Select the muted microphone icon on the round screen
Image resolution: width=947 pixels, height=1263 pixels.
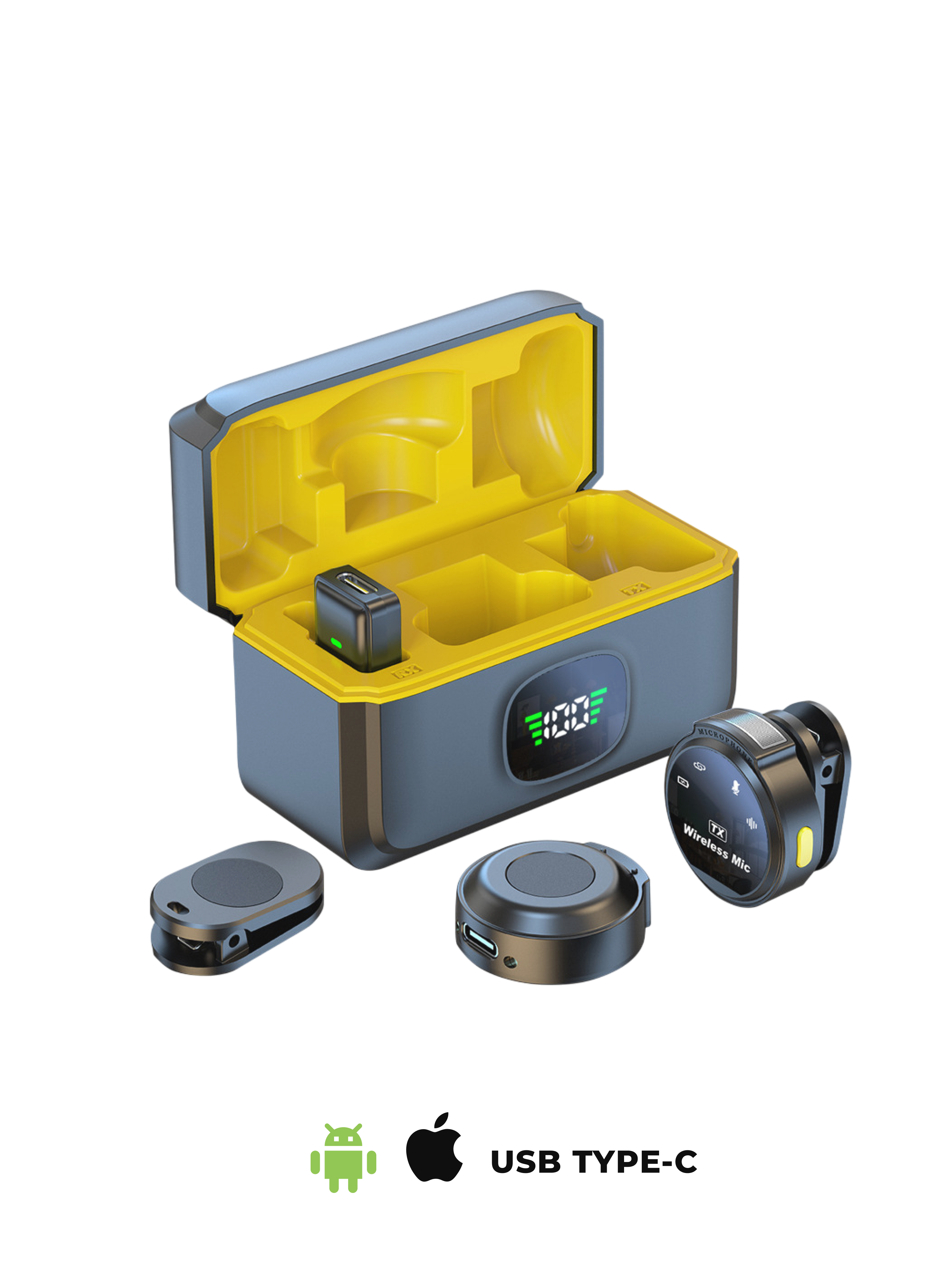point(736,787)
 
